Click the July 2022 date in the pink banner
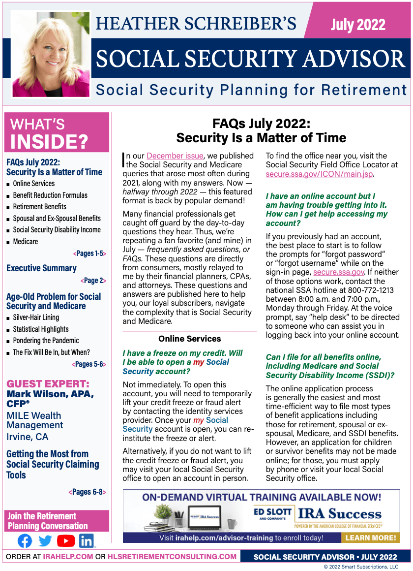pos(358,24)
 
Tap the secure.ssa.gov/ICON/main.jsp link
pos(320,174)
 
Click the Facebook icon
pos(25,541)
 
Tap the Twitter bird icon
pos(45,541)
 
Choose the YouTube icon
pos(66,541)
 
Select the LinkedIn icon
pos(87,541)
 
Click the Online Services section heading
pos(189,339)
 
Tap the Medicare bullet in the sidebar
pos(26,241)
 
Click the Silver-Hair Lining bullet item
pos(36,317)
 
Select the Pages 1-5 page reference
pos(89,254)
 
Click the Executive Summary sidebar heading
pos(41,268)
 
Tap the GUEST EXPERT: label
pos(48,383)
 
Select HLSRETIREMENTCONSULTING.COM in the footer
pos(172,557)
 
